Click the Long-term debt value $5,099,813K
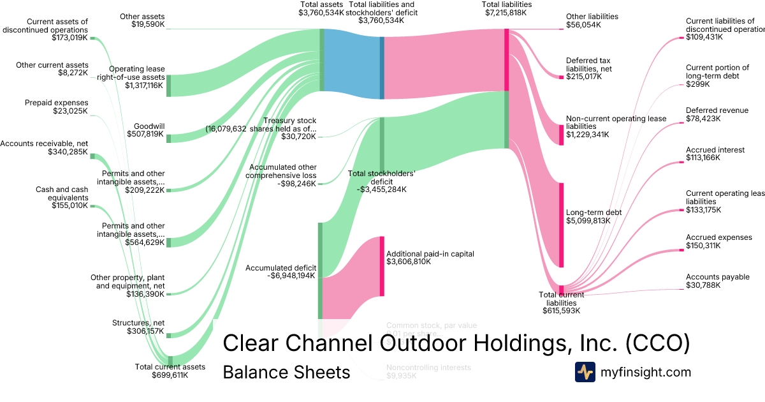588,221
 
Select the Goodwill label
149,126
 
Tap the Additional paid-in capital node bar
382,265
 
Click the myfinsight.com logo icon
585,372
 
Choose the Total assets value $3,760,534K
322,12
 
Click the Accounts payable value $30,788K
703,285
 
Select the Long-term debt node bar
562,225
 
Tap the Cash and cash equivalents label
61,193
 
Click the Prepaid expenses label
56,103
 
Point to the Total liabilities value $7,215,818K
508,12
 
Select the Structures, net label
138,323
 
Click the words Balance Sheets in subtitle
286,372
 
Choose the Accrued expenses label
718,237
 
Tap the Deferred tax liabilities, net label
588,64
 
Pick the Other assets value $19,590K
146,25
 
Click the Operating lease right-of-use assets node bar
168,86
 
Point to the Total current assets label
170,366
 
